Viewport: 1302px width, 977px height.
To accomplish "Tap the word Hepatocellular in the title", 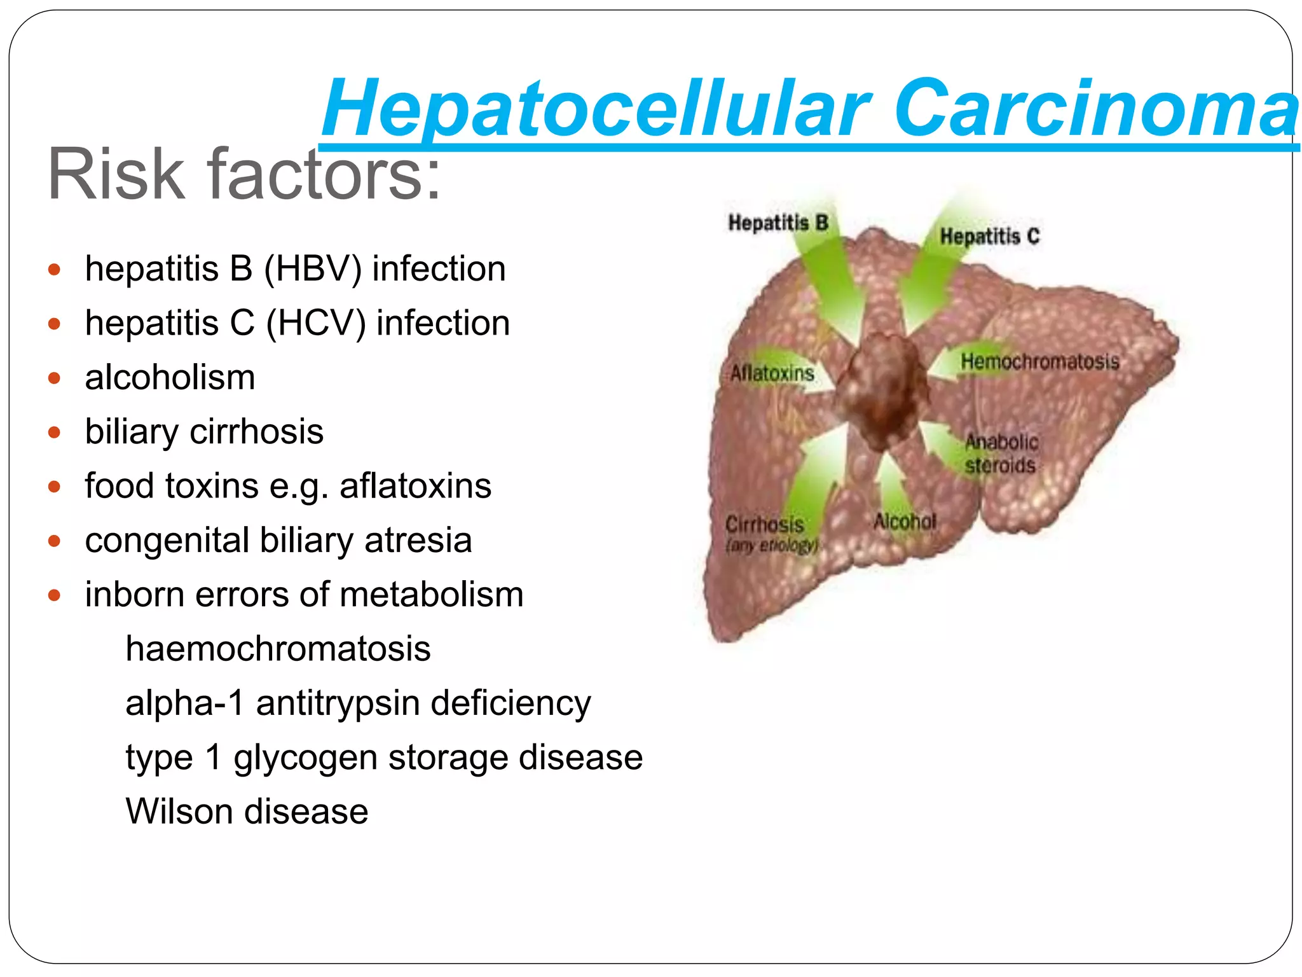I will [x=596, y=109].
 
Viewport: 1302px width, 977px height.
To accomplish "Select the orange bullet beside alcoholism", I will [x=55, y=378].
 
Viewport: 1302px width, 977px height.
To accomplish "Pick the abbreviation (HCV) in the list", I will [x=315, y=324].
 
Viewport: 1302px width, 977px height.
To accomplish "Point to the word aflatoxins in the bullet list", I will [x=415, y=487].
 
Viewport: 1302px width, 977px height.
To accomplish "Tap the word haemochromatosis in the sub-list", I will [x=278, y=649].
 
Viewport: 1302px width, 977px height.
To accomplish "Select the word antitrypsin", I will [x=338, y=703].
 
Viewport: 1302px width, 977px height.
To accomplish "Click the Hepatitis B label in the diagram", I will [x=778, y=223].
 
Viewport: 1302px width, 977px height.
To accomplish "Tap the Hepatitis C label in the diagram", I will [x=989, y=237].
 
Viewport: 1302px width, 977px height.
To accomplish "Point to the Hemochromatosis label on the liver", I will [x=1039, y=362].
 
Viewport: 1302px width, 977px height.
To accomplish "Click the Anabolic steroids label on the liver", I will [x=1001, y=454].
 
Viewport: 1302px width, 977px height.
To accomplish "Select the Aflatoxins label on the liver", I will [x=772, y=373].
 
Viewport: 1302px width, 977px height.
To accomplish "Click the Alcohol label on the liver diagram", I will [x=905, y=522].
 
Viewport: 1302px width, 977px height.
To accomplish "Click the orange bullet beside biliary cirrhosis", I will [x=55, y=433].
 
